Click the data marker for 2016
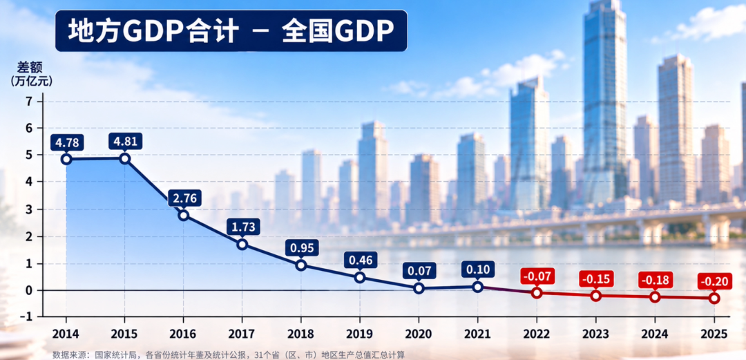click(x=184, y=215)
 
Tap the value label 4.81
click(x=124, y=142)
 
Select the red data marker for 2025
click(x=714, y=298)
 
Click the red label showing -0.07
click(x=537, y=276)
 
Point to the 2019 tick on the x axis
click(x=360, y=334)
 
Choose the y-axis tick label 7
click(x=29, y=102)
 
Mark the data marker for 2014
click(x=66, y=159)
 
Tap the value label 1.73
click(x=242, y=227)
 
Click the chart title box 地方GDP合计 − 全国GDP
click(x=231, y=31)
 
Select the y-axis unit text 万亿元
click(x=32, y=80)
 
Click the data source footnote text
click(x=229, y=354)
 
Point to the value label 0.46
click(x=360, y=260)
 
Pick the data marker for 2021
click(x=478, y=287)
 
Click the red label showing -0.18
click(x=655, y=280)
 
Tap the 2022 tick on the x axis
click(x=537, y=334)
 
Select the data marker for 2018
click(x=300, y=265)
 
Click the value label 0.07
click(x=419, y=271)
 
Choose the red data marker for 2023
click(x=595, y=296)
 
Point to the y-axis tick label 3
click(x=29, y=209)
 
